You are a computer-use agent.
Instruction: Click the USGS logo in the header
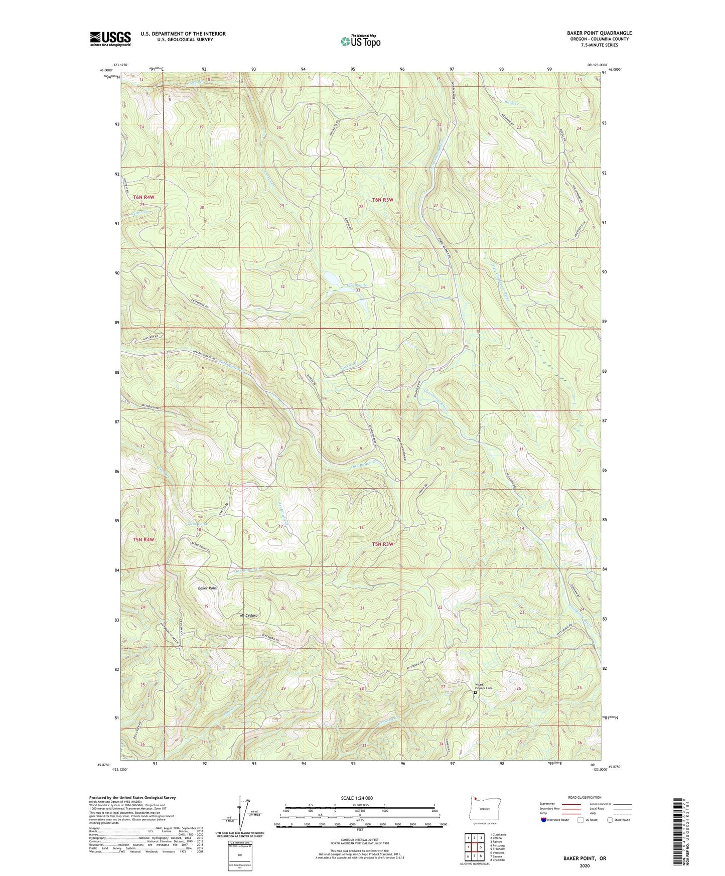[110, 39]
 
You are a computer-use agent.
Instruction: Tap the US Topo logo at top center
[360, 41]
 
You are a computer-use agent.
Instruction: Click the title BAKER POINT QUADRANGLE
[593, 33]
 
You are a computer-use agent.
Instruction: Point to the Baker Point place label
[208, 588]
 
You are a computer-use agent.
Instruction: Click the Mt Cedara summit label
[249, 616]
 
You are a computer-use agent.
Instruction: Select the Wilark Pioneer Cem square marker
[475, 692]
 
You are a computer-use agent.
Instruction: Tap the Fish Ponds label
[357, 285]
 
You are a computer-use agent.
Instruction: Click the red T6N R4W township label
[144, 197]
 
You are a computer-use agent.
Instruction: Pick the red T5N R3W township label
[382, 544]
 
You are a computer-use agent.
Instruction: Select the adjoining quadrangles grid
[474, 847]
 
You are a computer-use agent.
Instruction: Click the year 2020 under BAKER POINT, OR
[585, 865]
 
